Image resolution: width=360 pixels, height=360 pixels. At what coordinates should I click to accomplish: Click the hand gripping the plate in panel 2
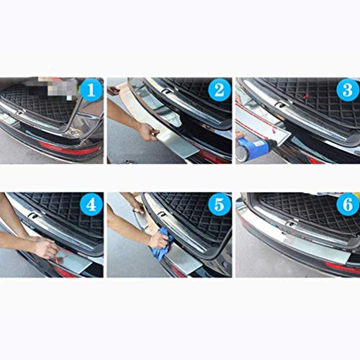[148, 132]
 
